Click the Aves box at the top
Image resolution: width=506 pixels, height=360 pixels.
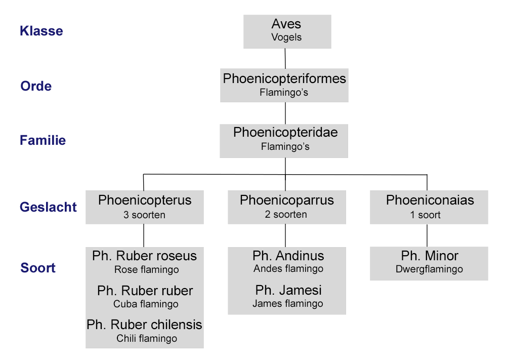[287, 31]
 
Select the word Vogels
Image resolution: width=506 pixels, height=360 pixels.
[286, 37]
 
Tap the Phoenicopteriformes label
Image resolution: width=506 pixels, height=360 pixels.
[284, 79]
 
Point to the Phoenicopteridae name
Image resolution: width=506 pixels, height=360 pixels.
[285, 133]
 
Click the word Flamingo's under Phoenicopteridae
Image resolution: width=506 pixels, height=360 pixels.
[285, 147]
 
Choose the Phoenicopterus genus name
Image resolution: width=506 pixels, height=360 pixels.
[145, 200]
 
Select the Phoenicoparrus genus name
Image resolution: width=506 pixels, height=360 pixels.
[286, 200]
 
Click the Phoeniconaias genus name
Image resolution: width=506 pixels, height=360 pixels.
[430, 200]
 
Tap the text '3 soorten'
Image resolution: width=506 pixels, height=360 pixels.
[144, 215]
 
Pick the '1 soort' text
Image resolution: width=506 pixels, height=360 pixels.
[425, 215]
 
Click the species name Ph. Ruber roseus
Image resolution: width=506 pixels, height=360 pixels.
[144, 256]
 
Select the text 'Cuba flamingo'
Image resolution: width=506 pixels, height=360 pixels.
[146, 304]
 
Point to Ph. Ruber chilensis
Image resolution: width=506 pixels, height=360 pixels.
[144, 325]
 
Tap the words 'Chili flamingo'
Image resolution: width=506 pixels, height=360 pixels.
[147, 338]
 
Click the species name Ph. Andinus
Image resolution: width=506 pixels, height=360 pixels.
[288, 256]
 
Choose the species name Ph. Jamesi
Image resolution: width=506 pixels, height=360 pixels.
[288, 291]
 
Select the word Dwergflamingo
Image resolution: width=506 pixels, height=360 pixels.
[429, 269]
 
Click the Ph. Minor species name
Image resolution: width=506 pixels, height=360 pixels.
[430, 256]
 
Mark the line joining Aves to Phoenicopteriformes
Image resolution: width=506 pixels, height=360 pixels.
[285, 59]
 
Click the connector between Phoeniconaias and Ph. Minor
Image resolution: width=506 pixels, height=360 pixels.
[428, 235]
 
